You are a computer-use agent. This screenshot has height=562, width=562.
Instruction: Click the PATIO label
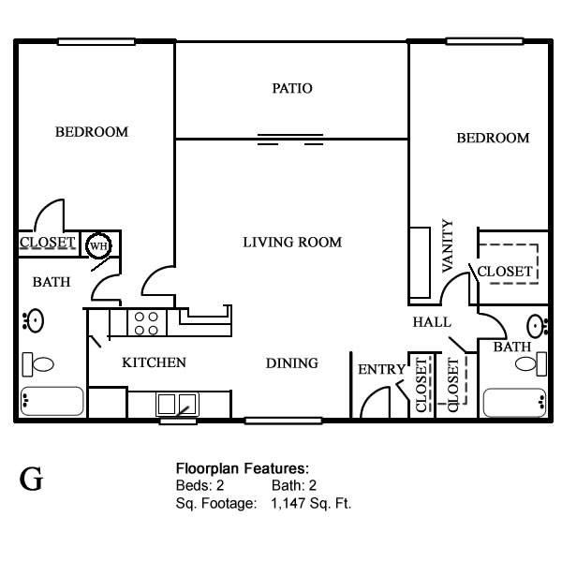coord(291,89)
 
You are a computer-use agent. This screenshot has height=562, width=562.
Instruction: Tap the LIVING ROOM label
coord(292,243)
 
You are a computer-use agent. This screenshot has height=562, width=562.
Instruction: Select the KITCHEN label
coord(154,362)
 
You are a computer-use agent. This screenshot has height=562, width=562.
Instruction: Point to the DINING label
coord(291,363)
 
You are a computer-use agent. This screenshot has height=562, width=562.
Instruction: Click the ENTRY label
coord(381,370)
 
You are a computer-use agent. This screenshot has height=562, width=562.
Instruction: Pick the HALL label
coord(431,322)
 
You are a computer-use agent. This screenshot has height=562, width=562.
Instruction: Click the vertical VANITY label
coord(447,246)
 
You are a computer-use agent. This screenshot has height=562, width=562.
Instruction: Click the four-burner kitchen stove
coord(146,323)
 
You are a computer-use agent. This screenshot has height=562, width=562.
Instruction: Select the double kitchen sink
coord(177,404)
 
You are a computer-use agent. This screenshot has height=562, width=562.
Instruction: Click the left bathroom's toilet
coord(39,362)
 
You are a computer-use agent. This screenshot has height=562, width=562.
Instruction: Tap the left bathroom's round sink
coord(35,321)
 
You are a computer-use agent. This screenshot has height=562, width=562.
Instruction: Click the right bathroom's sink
coord(537,326)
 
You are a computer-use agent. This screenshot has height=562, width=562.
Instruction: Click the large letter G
coord(31,480)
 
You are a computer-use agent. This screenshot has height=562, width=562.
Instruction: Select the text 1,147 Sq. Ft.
coord(311,503)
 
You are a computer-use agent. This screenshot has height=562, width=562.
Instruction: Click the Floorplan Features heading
coord(243,467)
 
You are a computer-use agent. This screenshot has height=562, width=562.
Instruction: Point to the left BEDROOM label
coord(91,132)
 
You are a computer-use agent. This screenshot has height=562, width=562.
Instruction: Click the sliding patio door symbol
coord(290,140)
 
